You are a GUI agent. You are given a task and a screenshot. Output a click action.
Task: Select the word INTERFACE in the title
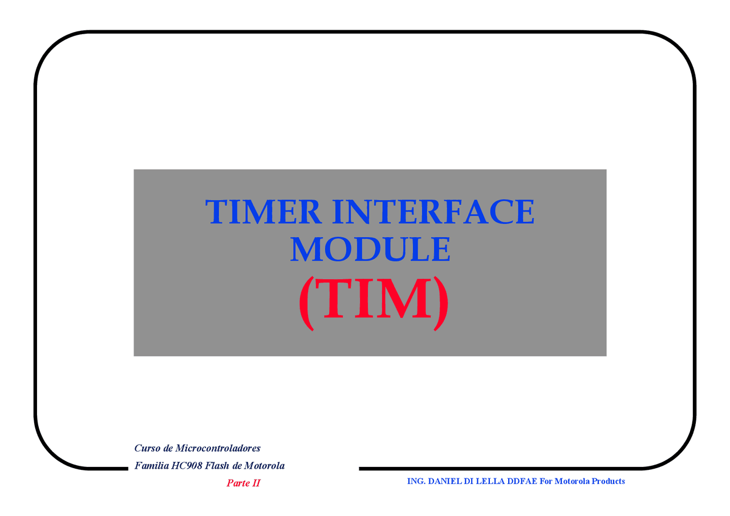click(434, 212)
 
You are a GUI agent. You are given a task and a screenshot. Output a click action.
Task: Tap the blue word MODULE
click(370, 250)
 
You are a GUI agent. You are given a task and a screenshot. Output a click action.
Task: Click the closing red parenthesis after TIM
click(441, 302)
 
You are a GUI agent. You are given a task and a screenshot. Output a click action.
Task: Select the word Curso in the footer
click(147, 448)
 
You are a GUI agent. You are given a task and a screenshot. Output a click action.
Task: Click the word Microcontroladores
click(218, 448)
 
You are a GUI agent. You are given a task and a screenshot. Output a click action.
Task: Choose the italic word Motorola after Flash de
click(264, 466)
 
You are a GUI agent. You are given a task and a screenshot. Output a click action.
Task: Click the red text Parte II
click(243, 484)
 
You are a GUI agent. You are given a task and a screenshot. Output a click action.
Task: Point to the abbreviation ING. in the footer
click(416, 481)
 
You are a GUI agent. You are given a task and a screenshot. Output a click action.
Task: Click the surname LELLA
click(490, 481)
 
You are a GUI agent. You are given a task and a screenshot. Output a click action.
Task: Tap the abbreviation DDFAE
click(522, 481)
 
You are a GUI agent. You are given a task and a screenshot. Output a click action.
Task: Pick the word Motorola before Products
click(572, 481)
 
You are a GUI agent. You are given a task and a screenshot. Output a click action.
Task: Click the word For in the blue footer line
click(546, 481)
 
